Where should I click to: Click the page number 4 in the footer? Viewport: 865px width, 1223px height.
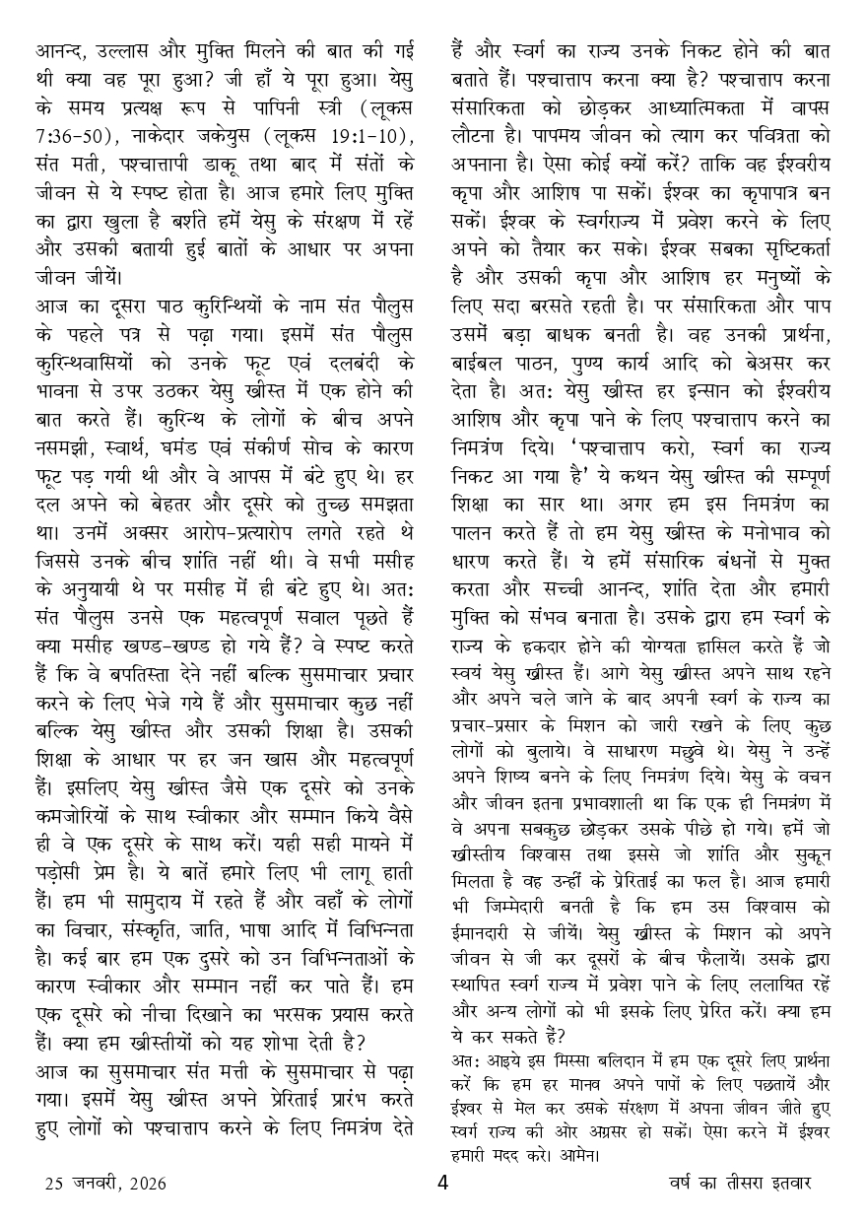442,1183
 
